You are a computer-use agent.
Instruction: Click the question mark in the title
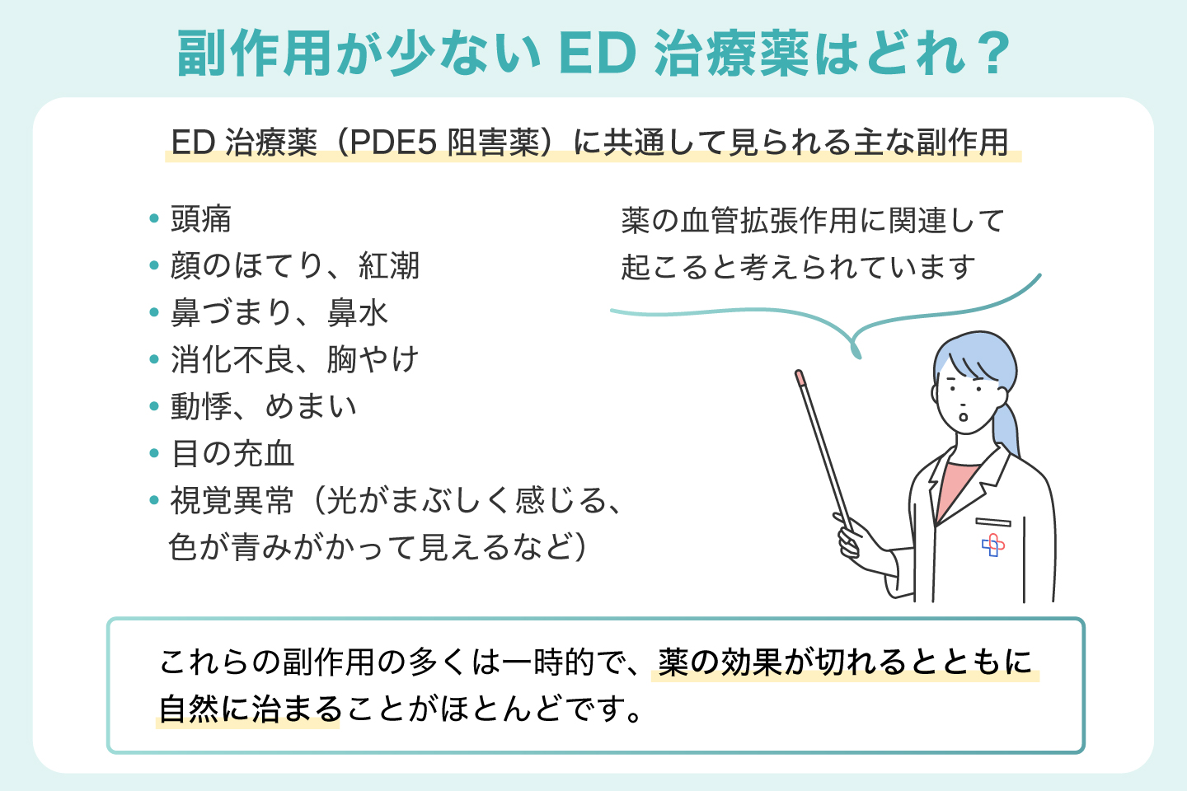coord(992,54)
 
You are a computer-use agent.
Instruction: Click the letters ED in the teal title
coord(597,54)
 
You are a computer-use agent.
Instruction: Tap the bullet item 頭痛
coord(200,219)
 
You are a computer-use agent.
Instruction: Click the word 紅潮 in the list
coord(389,265)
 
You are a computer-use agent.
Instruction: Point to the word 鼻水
coord(358,312)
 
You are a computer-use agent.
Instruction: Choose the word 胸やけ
coord(373,359)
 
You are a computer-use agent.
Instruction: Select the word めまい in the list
coord(311,406)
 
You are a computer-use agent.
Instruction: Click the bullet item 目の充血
coord(232,453)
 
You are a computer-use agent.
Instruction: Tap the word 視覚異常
coord(232,501)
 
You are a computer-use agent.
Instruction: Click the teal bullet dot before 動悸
coord(154,406)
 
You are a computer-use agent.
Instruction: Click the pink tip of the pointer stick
coord(800,377)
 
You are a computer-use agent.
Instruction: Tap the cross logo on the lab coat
coord(993,545)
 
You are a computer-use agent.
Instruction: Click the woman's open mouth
coord(963,416)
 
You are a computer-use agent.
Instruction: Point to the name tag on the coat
coord(993,522)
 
